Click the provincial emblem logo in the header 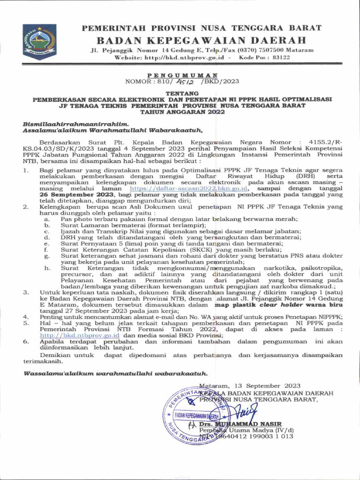pos(39,42)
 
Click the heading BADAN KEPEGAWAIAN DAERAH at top pos(201,39)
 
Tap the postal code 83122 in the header pos(281,57)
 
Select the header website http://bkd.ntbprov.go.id pos(186,57)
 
